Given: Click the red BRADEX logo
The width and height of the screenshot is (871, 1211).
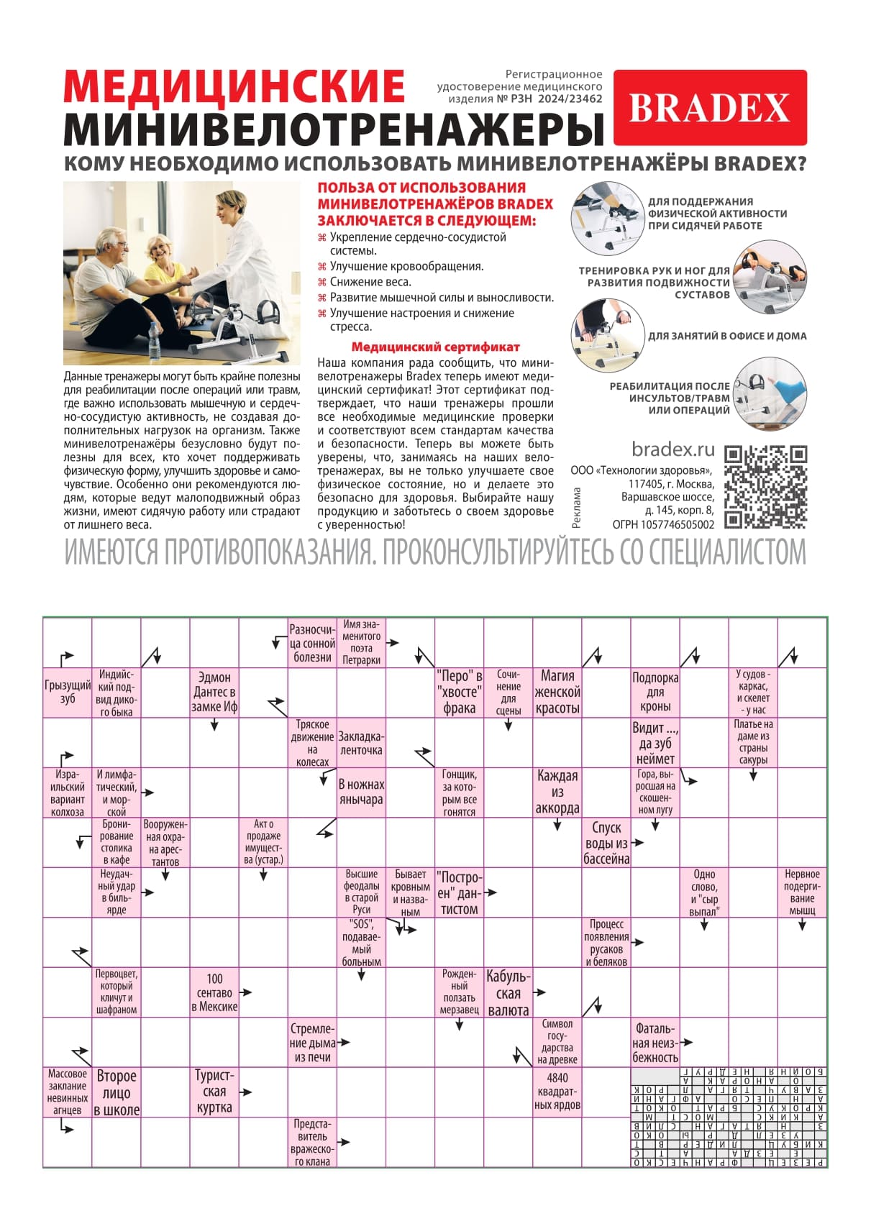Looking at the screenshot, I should point(709,108).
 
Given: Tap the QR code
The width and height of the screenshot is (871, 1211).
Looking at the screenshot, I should point(765,487).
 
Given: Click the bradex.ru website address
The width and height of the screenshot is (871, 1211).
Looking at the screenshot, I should point(672,449).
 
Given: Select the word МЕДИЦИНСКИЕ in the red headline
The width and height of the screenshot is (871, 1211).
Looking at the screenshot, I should point(234,86).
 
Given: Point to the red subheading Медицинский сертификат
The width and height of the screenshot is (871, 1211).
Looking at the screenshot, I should point(435,347).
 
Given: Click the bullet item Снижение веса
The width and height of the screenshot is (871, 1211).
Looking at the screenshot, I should point(370,282).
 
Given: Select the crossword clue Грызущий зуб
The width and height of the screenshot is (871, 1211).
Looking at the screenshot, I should point(68,693).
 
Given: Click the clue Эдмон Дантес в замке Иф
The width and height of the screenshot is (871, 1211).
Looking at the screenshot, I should point(214,693).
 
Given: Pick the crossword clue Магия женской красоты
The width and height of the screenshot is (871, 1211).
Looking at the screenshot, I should point(557,693).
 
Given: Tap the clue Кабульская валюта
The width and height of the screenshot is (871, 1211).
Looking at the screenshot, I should point(508,993).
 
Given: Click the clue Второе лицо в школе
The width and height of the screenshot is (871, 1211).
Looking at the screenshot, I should point(117,1092).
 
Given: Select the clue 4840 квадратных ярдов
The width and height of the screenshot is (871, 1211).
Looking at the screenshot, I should point(557,1091).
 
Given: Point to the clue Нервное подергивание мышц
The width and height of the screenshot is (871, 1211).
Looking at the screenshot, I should point(802,892).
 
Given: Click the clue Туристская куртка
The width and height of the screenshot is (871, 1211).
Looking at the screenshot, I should point(214,1091).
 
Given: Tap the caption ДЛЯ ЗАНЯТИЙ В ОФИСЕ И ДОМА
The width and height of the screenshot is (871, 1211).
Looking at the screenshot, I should point(726,336).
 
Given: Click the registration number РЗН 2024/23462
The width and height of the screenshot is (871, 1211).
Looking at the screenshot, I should point(555,99).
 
